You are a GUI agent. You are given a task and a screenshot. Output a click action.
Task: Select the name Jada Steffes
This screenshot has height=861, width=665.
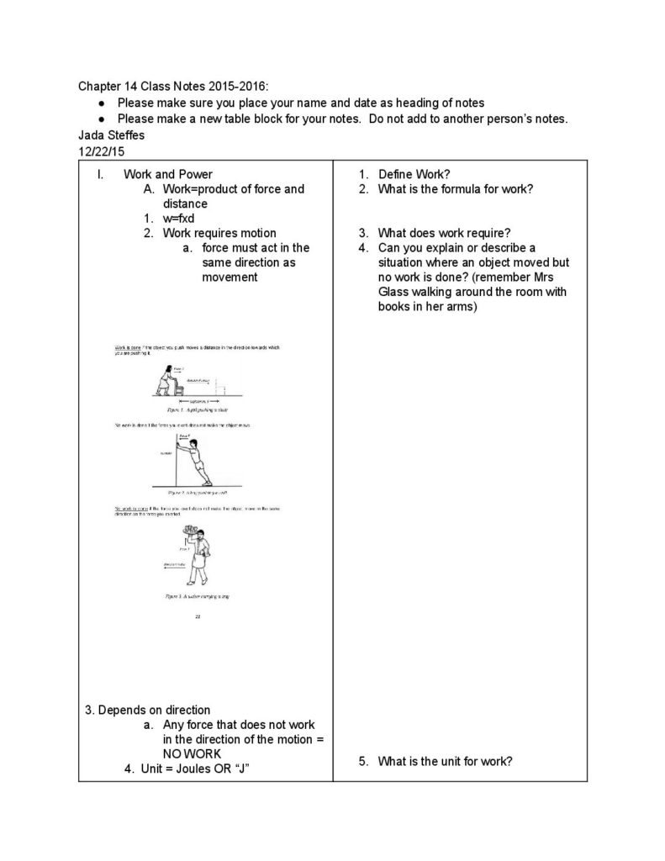tap(112, 135)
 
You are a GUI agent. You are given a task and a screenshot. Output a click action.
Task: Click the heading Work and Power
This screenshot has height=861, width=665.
tap(168, 175)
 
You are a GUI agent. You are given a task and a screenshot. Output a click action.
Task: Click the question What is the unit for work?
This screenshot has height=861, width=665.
tap(446, 762)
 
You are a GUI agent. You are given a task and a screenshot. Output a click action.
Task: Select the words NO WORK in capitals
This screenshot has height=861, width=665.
tap(192, 753)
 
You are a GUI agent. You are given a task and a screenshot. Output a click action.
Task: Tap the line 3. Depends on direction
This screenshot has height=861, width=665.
tap(148, 710)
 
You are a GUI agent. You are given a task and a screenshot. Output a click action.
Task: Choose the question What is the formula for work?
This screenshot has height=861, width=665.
tap(456, 189)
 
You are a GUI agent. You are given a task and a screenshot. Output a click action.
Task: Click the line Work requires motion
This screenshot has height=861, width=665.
tap(219, 233)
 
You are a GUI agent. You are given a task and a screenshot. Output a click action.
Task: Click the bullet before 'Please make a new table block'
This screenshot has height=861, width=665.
tap(102, 119)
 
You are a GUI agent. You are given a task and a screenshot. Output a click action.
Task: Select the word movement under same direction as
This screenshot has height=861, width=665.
tap(230, 277)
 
